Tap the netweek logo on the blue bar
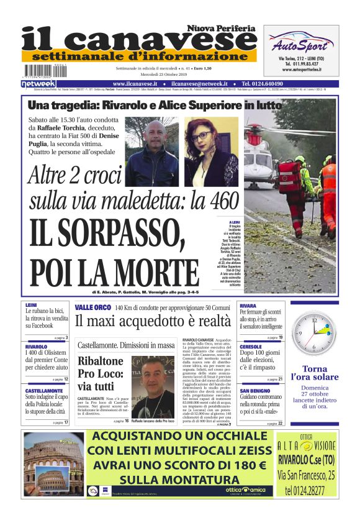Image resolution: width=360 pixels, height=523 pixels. click(38, 84)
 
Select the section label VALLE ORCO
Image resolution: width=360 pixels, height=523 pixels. click(93, 307)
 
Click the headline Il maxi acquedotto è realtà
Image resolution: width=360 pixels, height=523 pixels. click(153, 321)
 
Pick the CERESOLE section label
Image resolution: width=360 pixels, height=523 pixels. click(251, 347)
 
